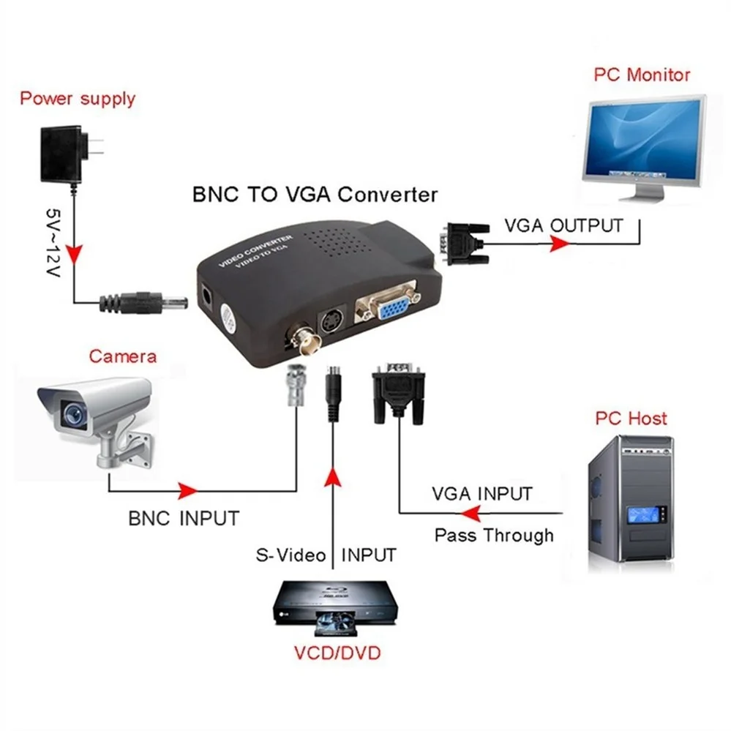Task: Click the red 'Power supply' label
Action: (77, 98)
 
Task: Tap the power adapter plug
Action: (69, 155)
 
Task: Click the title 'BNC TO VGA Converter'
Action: (315, 195)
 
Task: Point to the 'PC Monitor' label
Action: (642, 75)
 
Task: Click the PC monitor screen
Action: (644, 138)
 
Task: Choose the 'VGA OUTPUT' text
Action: (563, 225)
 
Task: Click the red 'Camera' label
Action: (122, 356)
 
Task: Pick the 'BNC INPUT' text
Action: (184, 518)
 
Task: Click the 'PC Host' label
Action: (631, 418)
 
